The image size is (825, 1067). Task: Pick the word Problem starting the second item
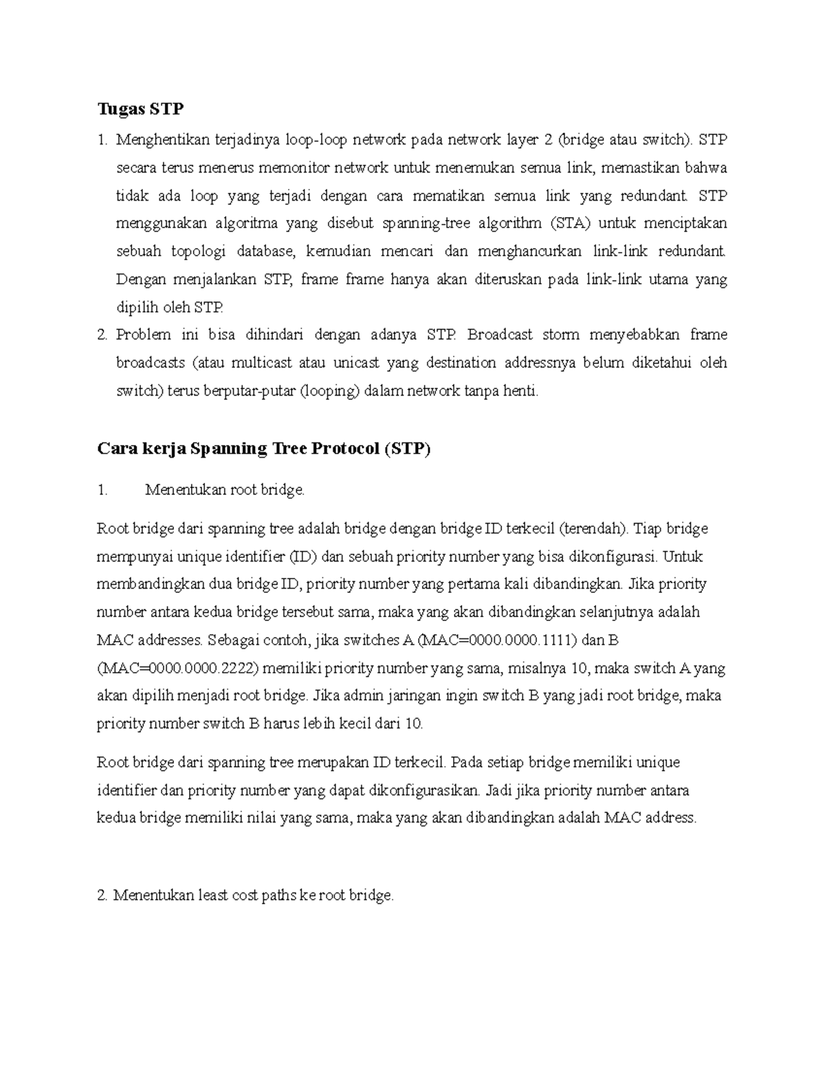(x=143, y=335)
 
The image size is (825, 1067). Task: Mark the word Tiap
(x=648, y=529)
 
